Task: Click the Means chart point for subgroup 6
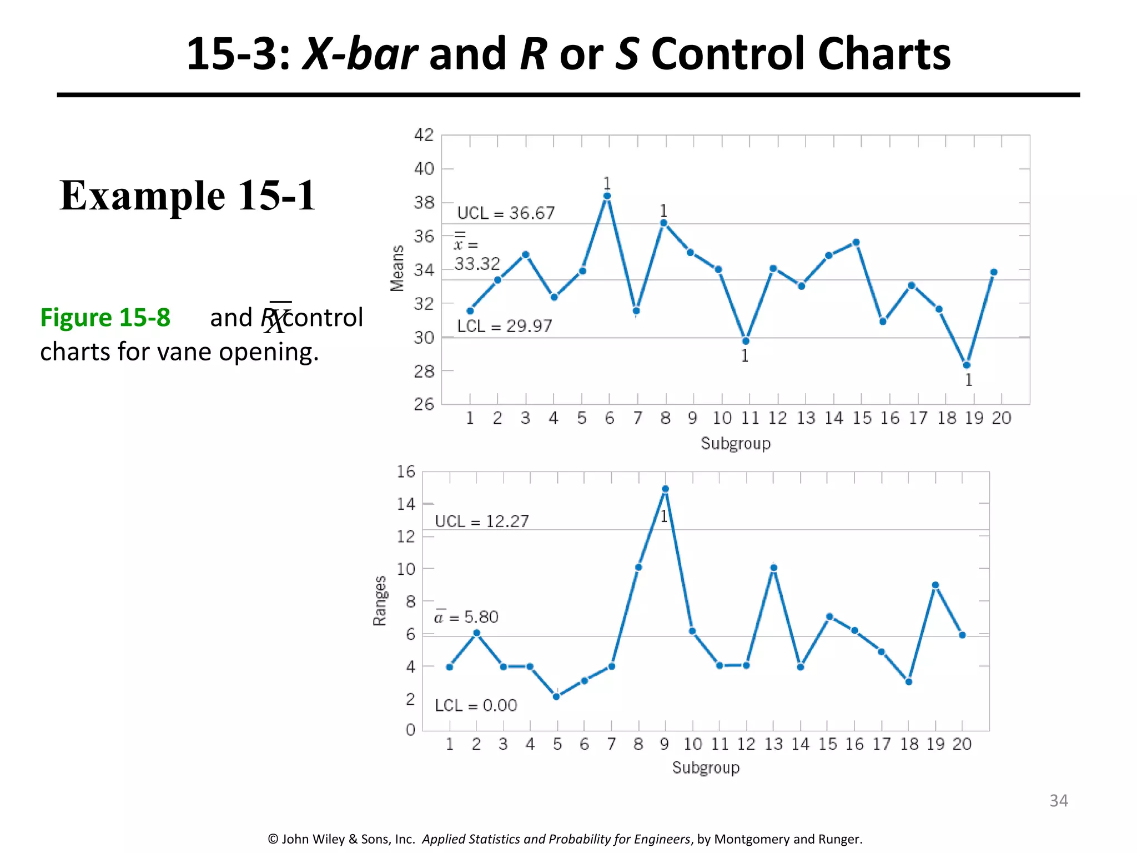pos(607,196)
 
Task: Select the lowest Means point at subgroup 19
pos(967,365)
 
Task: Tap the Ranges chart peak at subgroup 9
pos(665,489)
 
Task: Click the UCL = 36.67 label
pos(506,213)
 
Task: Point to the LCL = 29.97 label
pos(504,326)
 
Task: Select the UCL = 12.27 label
pos(481,521)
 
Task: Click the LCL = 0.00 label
pos(476,705)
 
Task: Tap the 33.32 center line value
pos(477,264)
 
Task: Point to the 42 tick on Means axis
pos(424,135)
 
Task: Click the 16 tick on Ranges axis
pos(406,472)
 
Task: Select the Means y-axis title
pos(397,268)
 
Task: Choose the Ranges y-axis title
pos(380,601)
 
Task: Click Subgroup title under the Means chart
pos(735,444)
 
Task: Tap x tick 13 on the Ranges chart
pos(773,744)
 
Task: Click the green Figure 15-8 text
pos(105,318)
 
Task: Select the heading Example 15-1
pos(188,195)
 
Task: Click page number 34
pos(1058,800)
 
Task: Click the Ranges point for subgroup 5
pos(556,696)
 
